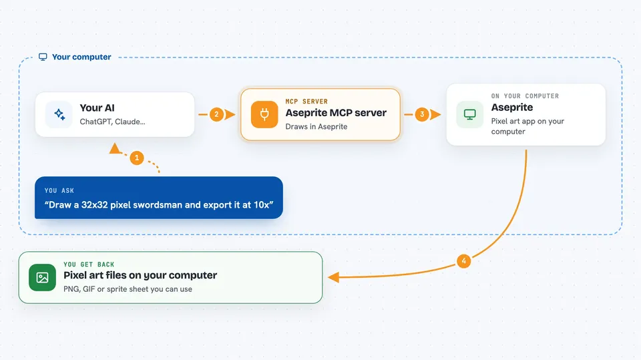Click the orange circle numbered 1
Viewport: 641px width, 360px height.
(136, 158)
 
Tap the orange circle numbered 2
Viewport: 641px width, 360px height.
(216, 115)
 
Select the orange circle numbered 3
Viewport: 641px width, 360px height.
(422, 115)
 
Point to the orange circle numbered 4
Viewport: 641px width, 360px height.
(463, 261)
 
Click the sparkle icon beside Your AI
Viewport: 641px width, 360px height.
(59, 115)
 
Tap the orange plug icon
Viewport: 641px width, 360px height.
(264, 115)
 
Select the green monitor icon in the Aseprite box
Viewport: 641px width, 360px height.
(469, 115)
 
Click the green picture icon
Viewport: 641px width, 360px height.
(43, 277)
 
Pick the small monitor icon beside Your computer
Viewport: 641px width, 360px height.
(43, 57)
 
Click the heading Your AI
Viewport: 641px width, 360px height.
(97, 108)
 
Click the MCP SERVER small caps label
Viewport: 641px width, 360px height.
(306, 102)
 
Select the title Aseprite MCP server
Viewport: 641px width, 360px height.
(336, 112)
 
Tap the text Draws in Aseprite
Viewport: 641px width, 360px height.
(316, 127)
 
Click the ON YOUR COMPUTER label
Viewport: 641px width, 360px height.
(525, 96)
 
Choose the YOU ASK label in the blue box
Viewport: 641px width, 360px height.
(59, 190)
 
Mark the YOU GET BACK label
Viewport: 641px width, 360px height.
(89, 264)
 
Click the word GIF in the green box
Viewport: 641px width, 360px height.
(89, 289)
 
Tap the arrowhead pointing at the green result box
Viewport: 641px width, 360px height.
(334, 277)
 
